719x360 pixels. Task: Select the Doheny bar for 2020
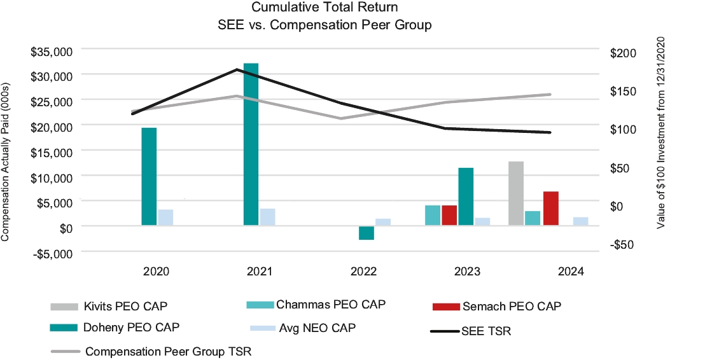(149, 177)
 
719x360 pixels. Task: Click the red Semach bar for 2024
(551, 208)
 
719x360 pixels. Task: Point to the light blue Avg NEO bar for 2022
(383, 222)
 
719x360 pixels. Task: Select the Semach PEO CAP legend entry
(496, 307)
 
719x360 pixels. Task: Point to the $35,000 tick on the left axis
(52, 51)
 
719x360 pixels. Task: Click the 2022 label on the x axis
(363, 272)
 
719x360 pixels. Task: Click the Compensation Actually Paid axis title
(6, 162)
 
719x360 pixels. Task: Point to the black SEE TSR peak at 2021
(236, 69)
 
